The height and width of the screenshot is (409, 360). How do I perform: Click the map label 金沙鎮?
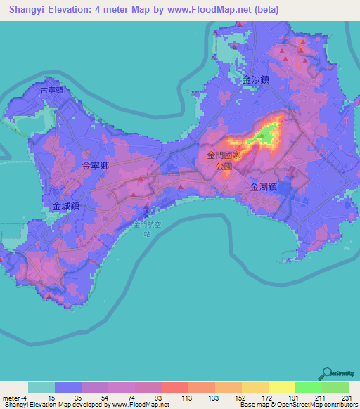tap(256, 80)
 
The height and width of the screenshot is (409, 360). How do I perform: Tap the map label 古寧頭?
tap(51, 90)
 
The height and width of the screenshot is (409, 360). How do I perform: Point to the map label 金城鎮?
tap(65, 207)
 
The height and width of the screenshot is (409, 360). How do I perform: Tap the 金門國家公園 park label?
tap(224, 161)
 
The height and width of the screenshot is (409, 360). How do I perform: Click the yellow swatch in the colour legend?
tap(281, 387)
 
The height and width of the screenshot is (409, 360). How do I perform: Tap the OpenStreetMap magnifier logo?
tap(328, 374)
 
